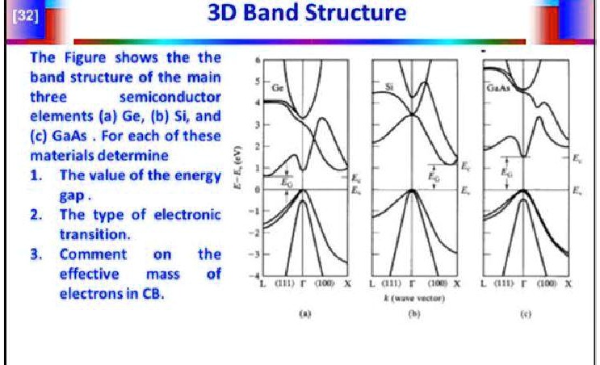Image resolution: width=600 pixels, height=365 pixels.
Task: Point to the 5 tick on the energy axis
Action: [256, 82]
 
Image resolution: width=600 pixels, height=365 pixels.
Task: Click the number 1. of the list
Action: [36, 176]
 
